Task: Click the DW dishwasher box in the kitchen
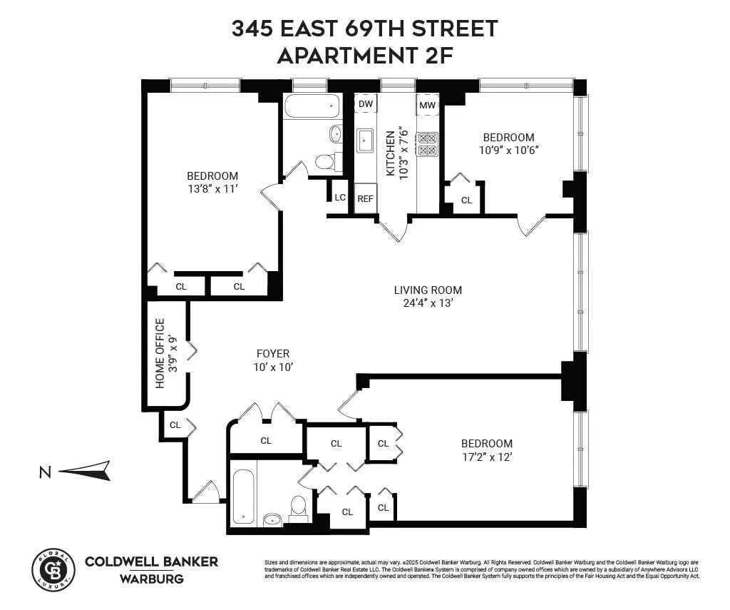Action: (366, 104)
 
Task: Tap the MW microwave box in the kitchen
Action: (427, 106)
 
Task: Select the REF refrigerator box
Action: (365, 199)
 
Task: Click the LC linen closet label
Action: (340, 197)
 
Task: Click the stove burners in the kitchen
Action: (427, 144)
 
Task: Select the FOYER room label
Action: (273, 354)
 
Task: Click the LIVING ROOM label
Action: (428, 290)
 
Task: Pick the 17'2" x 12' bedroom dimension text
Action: (487, 457)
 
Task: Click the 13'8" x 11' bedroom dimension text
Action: (212, 189)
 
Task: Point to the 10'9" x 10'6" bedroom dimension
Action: (508, 150)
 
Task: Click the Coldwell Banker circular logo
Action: (53, 569)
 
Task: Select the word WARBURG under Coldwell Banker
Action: (151, 579)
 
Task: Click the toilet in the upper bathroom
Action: (324, 162)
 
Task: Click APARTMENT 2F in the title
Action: (364, 55)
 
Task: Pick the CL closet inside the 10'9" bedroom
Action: (466, 200)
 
